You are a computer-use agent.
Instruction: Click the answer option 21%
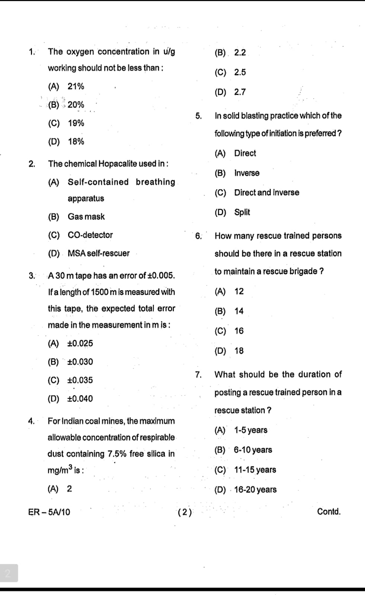[x=76, y=86]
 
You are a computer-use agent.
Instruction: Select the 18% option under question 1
[x=76, y=141]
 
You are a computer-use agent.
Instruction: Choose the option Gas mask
[x=86, y=217]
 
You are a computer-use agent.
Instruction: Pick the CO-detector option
[x=90, y=235]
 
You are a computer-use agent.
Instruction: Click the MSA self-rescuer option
[x=99, y=253]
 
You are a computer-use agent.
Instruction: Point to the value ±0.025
[x=80, y=343]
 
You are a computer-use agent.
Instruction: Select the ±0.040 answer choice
[x=80, y=399]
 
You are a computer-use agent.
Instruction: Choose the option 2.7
[x=240, y=92]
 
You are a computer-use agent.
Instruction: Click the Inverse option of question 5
[x=247, y=173]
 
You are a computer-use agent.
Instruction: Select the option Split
[x=242, y=212]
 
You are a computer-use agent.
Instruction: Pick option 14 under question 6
[x=239, y=311]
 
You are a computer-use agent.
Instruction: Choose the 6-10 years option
[x=253, y=450]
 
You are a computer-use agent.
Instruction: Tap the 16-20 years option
[x=255, y=490]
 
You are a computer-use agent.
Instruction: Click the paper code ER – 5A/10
[x=49, y=512]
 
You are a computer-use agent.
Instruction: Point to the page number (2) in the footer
[x=185, y=512]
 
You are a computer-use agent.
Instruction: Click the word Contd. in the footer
[x=329, y=512]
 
